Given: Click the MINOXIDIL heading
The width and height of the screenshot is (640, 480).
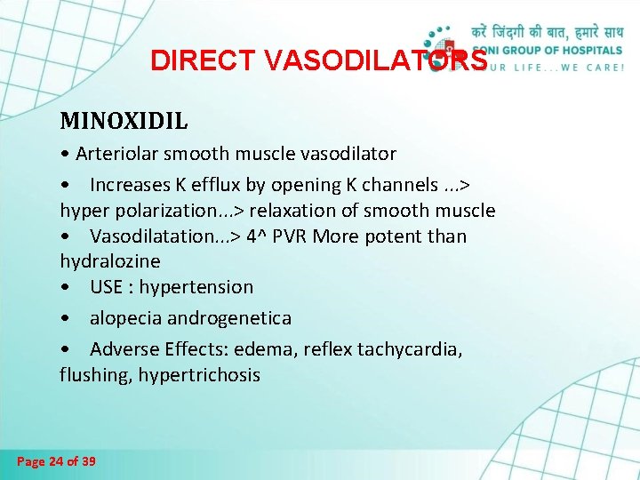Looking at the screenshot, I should [x=124, y=119].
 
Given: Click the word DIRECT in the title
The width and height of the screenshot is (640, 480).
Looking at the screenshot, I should [x=184, y=60].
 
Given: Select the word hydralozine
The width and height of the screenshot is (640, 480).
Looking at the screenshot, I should [x=110, y=261].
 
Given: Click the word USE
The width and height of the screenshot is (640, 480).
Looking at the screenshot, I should [x=108, y=287].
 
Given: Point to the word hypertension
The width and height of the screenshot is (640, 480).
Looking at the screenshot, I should [x=196, y=287].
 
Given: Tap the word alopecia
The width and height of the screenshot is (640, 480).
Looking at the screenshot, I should [x=124, y=318].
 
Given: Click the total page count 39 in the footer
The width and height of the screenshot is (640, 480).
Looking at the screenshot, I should [x=89, y=461].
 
